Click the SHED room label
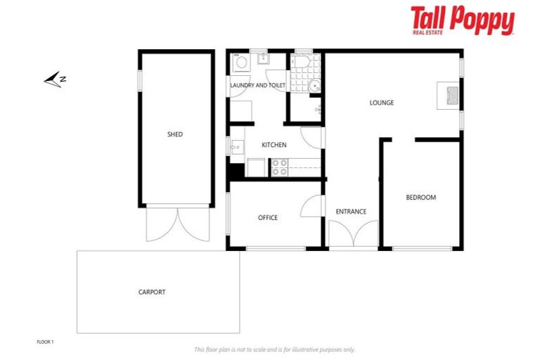175,134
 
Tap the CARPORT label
152,292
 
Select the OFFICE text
268,218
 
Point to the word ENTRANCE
351,212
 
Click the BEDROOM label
420,198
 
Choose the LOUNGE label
382,103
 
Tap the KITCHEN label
274,145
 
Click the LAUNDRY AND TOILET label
258,85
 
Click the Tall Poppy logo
462,21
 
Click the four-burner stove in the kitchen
279,167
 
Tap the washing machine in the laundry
241,63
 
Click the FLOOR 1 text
45,342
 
